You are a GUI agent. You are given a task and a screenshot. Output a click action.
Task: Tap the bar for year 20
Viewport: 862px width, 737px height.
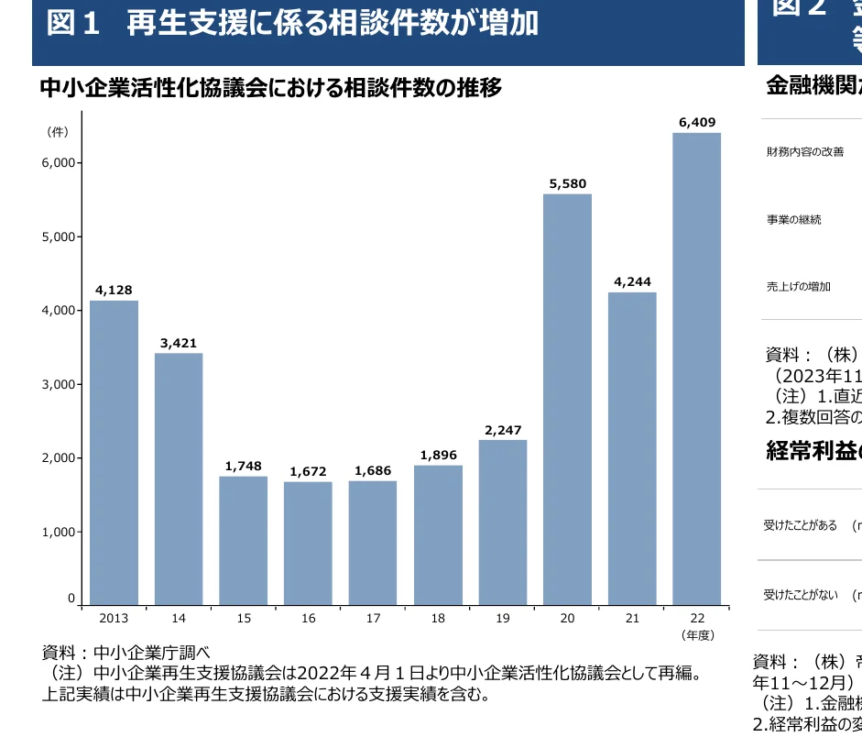coord(567,399)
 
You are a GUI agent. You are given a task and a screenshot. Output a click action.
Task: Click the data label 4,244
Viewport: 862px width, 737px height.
coord(632,281)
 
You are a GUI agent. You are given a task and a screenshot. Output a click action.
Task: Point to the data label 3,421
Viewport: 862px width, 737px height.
coord(179,343)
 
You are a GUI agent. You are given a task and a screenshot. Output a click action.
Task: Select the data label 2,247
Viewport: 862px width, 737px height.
coord(502,429)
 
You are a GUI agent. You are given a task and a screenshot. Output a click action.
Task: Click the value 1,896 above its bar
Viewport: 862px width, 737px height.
coord(438,455)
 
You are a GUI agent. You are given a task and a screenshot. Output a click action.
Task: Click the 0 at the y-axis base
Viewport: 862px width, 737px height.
coord(71,599)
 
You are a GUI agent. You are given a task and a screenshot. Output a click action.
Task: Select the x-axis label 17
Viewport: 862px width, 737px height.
coord(373,619)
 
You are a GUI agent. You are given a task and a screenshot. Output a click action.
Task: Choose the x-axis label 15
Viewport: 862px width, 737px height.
coord(243,619)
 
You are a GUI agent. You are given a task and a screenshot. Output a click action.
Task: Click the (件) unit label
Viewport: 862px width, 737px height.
coord(57,132)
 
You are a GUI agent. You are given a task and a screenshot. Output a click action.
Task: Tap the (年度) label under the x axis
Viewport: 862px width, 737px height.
coord(697,634)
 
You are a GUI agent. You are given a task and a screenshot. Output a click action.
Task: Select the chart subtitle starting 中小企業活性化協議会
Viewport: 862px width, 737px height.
coord(271,88)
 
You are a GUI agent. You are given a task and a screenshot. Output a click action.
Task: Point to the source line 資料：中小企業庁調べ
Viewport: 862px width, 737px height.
coord(126,653)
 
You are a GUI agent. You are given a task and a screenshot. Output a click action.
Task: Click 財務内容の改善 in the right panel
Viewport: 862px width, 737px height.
coord(805,152)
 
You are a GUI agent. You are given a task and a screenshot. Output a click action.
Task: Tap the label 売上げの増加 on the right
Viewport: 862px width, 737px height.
coord(799,287)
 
